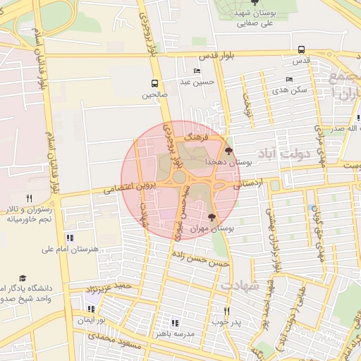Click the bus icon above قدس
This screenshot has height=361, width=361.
click(x=302, y=50)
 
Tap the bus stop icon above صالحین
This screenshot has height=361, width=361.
click(x=154, y=82)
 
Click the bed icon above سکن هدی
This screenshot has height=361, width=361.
click(x=289, y=79)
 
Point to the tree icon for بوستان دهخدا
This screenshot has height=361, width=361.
click(x=227, y=150)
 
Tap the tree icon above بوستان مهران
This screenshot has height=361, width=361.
click(x=212, y=218)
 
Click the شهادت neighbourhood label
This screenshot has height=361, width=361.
click(x=240, y=284)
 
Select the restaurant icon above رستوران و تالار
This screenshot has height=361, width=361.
click(x=29, y=198)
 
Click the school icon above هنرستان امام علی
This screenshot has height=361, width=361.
click(x=69, y=238)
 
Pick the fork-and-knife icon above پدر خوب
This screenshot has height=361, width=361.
click(x=226, y=310)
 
